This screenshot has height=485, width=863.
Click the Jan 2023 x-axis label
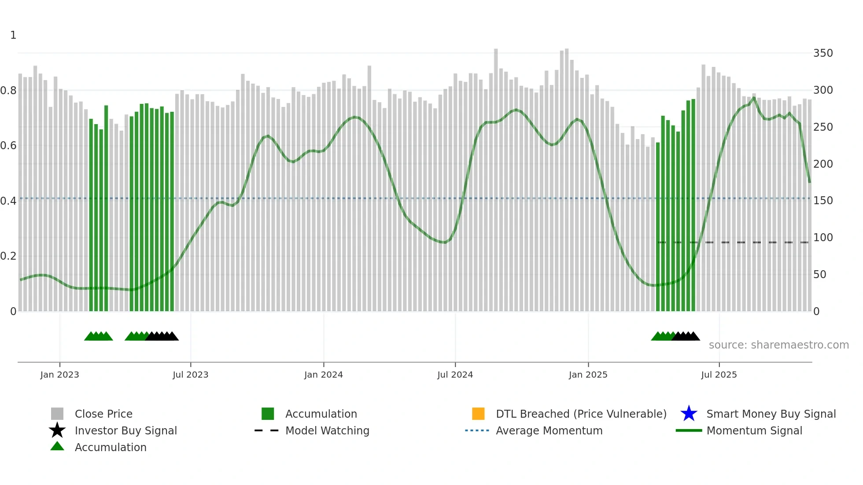[x=59, y=375]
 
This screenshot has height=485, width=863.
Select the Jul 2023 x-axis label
[x=190, y=375]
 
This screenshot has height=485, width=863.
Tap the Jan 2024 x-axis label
[x=323, y=375]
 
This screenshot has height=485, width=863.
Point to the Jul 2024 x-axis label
[x=455, y=375]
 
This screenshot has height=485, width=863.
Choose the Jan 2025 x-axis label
[x=588, y=375]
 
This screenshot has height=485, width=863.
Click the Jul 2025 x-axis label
[x=719, y=375]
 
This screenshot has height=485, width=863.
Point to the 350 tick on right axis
[x=823, y=53]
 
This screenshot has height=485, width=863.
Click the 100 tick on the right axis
[x=823, y=238]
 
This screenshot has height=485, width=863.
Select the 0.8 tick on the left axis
[x=8, y=91]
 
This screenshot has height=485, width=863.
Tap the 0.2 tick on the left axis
[x=8, y=256]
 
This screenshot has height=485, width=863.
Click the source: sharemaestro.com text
[x=778, y=345]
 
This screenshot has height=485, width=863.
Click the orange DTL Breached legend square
[x=478, y=414]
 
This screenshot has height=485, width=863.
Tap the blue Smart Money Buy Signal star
[x=689, y=414]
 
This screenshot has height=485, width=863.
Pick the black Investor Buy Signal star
[x=57, y=430]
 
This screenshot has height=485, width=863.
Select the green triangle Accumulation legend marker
[x=57, y=447]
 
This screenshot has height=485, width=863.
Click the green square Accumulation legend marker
[x=268, y=414]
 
